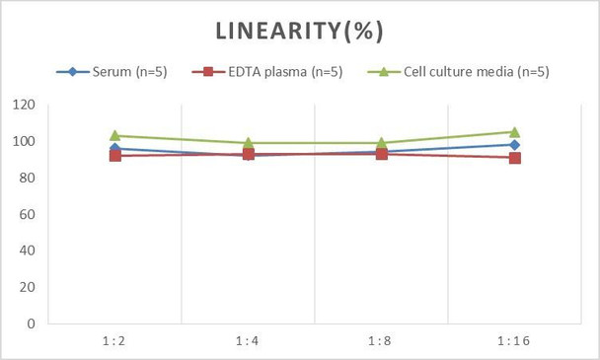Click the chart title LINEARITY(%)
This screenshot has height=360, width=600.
click(x=300, y=32)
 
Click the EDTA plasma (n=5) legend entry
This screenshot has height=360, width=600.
click(x=267, y=71)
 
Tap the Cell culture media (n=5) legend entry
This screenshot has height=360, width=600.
click(x=464, y=71)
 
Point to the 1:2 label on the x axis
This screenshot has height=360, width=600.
click(x=114, y=340)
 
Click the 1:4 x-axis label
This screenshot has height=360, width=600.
click(x=248, y=340)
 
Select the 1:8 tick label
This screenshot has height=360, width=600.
click(x=381, y=340)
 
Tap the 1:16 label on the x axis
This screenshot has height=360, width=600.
click(x=514, y=340)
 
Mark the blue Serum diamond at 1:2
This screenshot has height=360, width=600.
click(x=114, y=149)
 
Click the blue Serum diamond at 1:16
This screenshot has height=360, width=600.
click(x=514, y=145)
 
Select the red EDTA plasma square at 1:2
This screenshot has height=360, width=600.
click(x=114, y=156)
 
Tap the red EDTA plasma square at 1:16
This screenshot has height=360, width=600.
click(x=514, y=158)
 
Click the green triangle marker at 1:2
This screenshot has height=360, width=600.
click(x=114, y=136)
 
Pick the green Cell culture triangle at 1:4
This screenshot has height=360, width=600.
click(x=248, y=143)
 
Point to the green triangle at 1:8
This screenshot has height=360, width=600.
click(x=381, y=143)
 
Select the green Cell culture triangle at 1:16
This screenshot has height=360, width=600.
click(x=514, y=132)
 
